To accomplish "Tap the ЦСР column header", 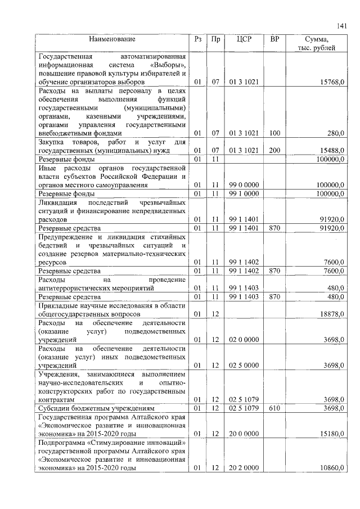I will (x=244, y=40).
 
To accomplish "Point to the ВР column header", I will (x=274, y=40).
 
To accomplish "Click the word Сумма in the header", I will (x=316, y=40).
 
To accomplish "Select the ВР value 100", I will (x=274, y=133).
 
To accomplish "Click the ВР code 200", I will (x=274, y=151).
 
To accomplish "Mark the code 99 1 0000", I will (x=244, y=193).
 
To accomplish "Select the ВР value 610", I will (x=274, y=407).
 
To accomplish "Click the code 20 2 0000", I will (x=244, y=468).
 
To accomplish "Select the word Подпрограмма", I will (x=61, y=443).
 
